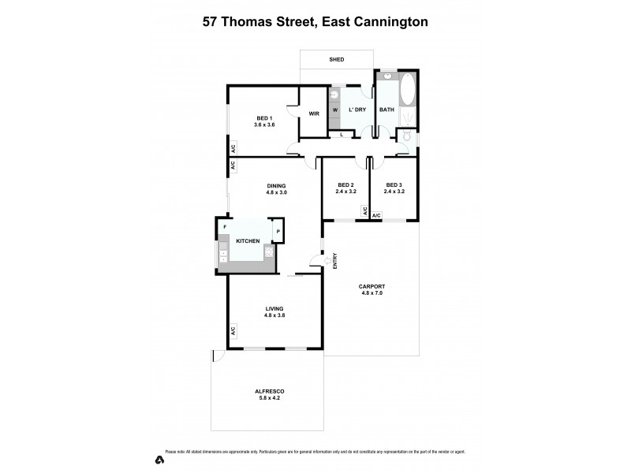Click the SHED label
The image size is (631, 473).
coord(336,59)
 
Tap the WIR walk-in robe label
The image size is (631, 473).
coord(313,114)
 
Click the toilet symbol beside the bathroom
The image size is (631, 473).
coord(406,136)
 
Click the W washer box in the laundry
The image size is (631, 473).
coord(334,110)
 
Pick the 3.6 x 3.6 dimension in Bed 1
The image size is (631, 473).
coord(263,125)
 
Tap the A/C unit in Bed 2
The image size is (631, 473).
coord(365,211)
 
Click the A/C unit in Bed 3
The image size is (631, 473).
coord(376,215)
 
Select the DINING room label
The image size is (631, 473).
coord(275,186)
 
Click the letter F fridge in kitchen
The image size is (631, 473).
coord(225,227)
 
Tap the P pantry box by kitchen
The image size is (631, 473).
coord(278,231)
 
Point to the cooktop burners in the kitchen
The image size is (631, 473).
coord(222,255)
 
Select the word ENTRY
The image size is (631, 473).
coord(335,260)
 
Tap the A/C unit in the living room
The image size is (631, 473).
coord(233,331)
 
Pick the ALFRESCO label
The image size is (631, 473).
coord(270,392)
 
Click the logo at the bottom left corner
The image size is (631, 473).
coord(160,458)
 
